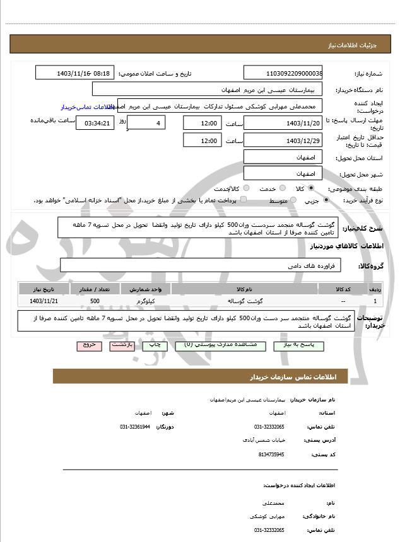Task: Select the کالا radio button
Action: (x=311, y=188)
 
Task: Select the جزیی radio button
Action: (x=326, y=200)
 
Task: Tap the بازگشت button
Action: (x=122, y=345)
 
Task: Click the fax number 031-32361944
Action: (x=135, y=427)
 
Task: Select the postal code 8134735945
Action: (x=271, y=454)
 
